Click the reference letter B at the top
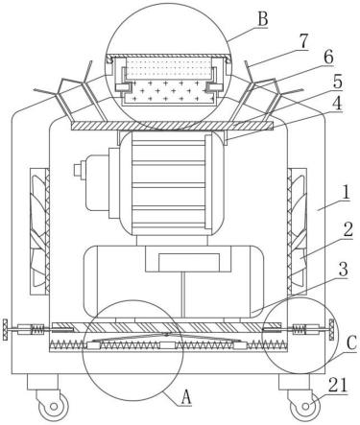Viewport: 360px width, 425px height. (262, 20)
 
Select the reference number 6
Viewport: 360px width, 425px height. (328, 58)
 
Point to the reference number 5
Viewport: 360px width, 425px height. (337, 82)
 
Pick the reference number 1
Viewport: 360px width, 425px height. (345, 193)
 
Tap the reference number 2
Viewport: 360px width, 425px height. (348, 229)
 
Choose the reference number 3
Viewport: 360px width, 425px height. (343, 270)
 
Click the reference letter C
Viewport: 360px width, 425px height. (351, 344)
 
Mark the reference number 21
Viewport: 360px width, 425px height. (338, 385)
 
